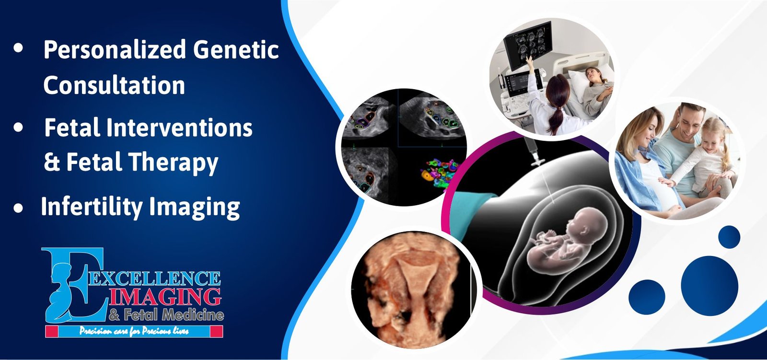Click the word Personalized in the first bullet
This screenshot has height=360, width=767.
pyautogui.click(x=115, y=49)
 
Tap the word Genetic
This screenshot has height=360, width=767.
pyautogui.click(x=236, y=49)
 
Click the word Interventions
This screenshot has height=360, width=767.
pyautogui.click(x=179, y=128)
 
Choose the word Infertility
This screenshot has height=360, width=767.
pyautogui.click(x=92, y=207)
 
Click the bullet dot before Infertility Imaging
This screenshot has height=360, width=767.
pyautogui.click(x=18, y=208)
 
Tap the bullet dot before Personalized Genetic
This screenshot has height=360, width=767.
pyautogui.click(x=18, y=48)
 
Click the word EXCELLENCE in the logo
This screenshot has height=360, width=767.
pyautogui.click(x=154, y=278)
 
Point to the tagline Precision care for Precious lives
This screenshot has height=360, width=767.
pyautogui.click(x=134, y=331)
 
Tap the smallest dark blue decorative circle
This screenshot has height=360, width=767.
pyautogui.click(x=729, y=237)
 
